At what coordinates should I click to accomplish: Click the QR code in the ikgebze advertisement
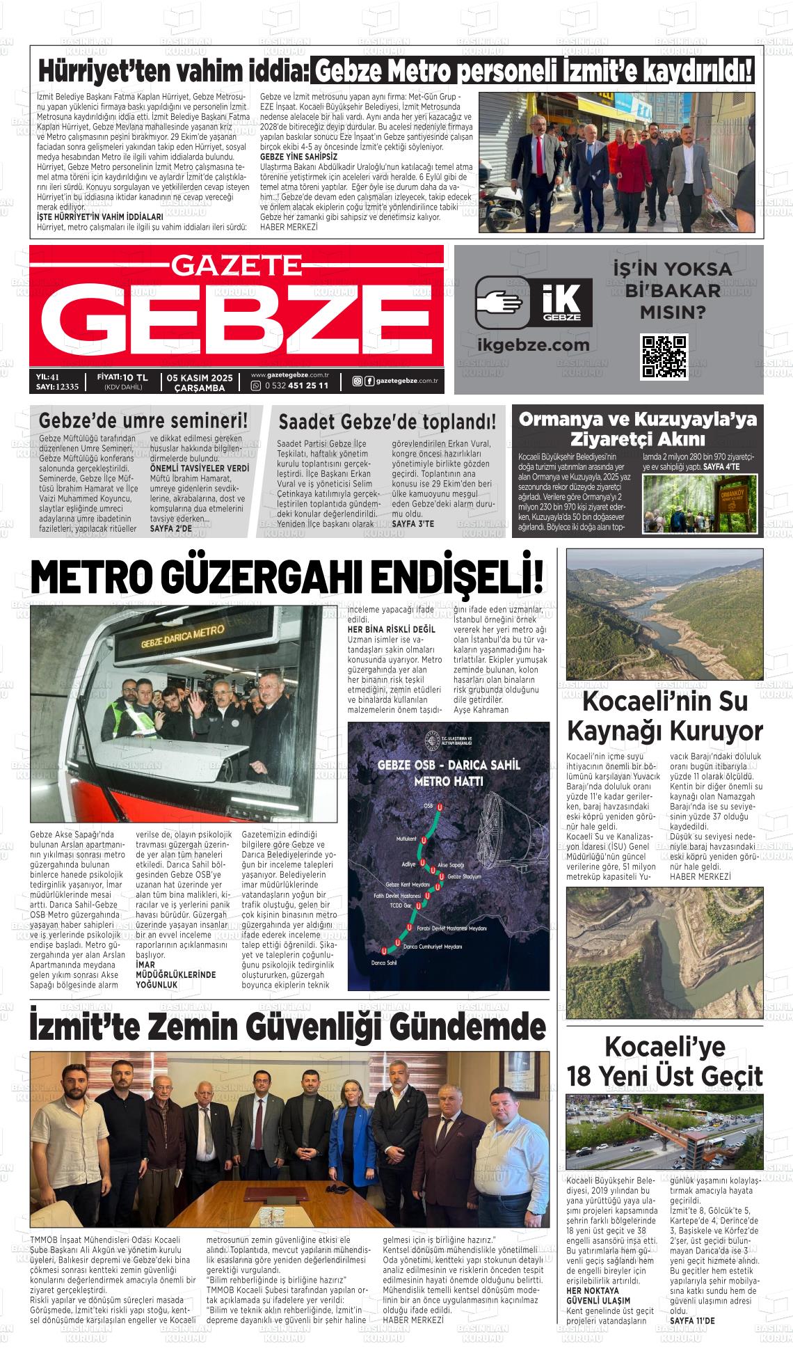[664, 357]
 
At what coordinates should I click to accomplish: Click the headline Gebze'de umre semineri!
[143, 420]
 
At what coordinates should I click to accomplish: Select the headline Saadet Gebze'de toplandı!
[387, 422]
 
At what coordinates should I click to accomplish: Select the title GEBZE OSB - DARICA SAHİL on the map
[449, 765]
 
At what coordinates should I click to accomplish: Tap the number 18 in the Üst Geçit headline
[579, 1076]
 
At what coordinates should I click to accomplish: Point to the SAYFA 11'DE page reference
[692, 1320]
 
